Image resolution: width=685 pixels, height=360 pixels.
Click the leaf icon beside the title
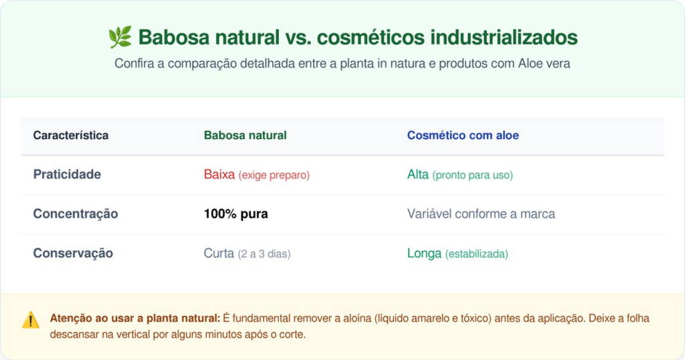click(x=120, y=37)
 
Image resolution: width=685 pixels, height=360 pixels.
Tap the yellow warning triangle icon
click(x=31, y=321)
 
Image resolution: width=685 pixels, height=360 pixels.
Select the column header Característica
click(x=71, y=135)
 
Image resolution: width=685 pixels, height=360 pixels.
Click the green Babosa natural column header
click(x=245, y=135)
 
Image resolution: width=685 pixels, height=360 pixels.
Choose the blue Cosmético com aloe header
click(x=463, y=135)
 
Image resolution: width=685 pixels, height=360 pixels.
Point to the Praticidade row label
click(x=67, y=175)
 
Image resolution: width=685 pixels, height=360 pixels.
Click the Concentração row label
click(x=76, y=213)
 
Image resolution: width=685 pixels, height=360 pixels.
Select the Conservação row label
click(x=73, y=253)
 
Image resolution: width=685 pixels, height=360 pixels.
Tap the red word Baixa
click(x=219, y=175)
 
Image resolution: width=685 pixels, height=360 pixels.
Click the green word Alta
click(x=417, y=175)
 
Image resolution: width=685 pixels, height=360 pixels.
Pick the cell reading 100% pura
click(x=236, y=213)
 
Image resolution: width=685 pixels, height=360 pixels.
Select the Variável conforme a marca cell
click(x=481, y=213)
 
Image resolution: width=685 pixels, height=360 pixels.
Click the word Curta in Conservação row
click(x=219, y=253)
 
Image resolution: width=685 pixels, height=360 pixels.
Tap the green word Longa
click(x=424, y=253)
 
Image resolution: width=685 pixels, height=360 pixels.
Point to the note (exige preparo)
click(x=274, y=175)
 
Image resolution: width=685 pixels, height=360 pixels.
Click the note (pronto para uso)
click(x=473, y=175)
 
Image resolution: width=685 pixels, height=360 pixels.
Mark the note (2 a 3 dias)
click(x=264, y=254)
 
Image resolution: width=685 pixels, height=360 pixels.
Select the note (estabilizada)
click(x=476, y=254)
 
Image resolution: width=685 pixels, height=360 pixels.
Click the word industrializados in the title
click(x=504, y=37)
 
